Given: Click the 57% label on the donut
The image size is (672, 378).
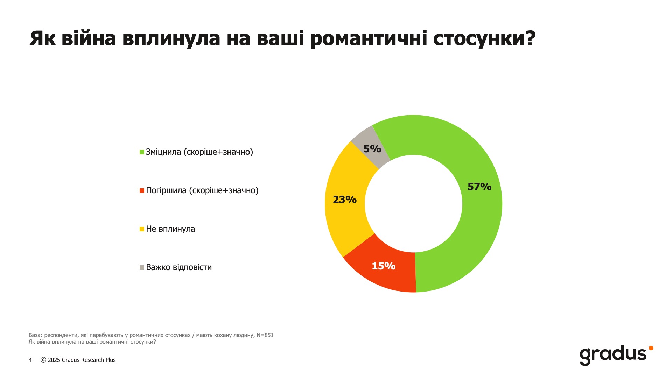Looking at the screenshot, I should pyautogui.click(x=479, y=187).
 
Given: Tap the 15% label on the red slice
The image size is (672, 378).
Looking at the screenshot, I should pyautogui.click(x=384, y=266).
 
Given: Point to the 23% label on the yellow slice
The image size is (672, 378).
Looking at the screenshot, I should pyautogui.click(x=345, y=199).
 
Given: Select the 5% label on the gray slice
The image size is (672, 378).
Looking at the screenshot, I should pyautogui.click(x=372, y=149).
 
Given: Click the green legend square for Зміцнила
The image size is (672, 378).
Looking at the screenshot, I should pyautogui.click(x=142, y=152).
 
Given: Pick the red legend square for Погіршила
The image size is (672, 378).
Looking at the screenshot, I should pyautogui.click(x=142, y=190).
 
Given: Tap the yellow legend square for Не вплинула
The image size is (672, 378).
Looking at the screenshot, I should pyautogui.click(x=142, y=229).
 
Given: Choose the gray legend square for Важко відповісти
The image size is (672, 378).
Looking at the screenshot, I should pyautogui.click(x=142, y=267).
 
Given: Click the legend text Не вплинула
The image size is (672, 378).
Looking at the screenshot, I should pyautogui.click(x=170, y=229).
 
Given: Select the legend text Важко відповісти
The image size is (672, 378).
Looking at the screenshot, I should pyautogui.click(x=179, y=267).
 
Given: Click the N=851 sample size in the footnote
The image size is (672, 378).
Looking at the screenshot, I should pyautogui.click(x=265, y=335).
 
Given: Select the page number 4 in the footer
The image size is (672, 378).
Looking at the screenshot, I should pyautogui.click(x=30, y=360).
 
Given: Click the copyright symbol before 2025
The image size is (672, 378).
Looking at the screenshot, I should pyautogui.click(x=43, y=360).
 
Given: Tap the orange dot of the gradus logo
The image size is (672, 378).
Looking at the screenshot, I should pyautogui.click(x=651, y=348).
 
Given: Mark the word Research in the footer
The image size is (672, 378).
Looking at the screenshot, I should pyautogui.click(x=92, y=360).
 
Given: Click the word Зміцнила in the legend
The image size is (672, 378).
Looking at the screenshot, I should pyautogui.click(x=163, y=152).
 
